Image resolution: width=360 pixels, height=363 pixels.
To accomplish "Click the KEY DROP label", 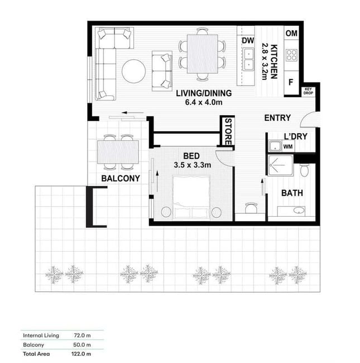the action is tap(308, 91).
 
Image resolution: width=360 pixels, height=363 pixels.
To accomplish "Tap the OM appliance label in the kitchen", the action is tap(291, 34).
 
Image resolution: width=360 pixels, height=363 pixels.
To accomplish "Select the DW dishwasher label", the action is tap(248, 41).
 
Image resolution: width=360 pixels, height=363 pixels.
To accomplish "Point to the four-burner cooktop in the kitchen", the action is tap(291, 55).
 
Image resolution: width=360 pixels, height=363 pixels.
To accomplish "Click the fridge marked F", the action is tap(291, 82).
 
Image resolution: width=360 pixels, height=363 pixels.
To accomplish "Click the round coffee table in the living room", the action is tap(134, 71).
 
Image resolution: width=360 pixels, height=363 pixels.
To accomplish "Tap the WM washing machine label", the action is tap(288, 146).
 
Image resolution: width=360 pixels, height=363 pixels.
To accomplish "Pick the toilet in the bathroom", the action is tap(304, 170).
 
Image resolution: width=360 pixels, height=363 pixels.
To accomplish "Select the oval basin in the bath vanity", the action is tap(299, 211).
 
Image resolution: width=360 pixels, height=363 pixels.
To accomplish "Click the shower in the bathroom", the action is tap(280, 165).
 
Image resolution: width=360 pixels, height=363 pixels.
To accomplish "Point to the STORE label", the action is tap(228, 132).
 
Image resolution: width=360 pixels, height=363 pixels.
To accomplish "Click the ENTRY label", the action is tap(277, 118).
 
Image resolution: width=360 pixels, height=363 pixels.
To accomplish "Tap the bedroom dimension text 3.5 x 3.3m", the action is tap(192, 165).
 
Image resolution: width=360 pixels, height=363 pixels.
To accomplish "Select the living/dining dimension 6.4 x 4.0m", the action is tap(204, 102).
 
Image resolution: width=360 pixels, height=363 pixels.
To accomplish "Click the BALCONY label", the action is tap(121, 178).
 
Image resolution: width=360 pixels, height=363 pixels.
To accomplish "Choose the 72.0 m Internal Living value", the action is tap(82, 335).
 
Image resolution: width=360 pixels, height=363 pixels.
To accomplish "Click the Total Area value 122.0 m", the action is tap(81, 354).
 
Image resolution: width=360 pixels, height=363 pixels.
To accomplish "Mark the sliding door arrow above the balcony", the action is tap(133, 113).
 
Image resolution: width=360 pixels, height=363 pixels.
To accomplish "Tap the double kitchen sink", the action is tap(248, 59).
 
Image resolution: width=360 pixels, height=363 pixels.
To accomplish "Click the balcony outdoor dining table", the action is tap(118, 152).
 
